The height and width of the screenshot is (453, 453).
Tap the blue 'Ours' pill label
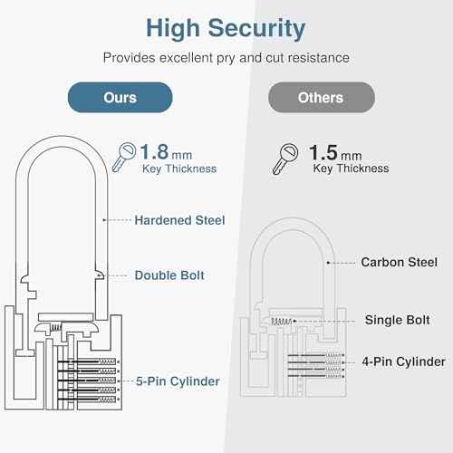(x=120, y=97)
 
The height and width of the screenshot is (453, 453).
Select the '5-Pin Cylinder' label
(x=177, y=381)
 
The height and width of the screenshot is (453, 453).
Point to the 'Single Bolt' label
(x=396, y=320)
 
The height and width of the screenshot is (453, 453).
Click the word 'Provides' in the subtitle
(x=128, y=57)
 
